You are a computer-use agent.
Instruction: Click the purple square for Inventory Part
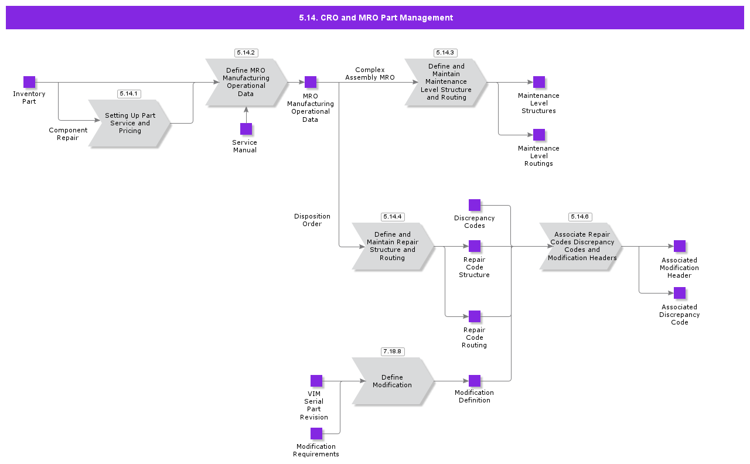pos(29,82)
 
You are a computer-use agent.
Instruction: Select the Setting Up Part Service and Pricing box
pos(129,123)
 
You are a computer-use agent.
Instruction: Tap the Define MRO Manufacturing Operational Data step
pos(246,82)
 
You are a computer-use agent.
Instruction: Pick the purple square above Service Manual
pos(246,129)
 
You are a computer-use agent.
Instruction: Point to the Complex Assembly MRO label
pos(370,74)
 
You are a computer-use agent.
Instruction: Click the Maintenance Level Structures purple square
pos(539,82)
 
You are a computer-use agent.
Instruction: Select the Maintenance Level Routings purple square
pos(539,135)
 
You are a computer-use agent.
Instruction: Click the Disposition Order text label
pos(312,220)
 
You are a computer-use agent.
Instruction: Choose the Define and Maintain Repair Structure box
pos(393,246)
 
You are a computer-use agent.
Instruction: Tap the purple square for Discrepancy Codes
pos(475,205)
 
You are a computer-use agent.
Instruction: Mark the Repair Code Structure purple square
pos(475,246)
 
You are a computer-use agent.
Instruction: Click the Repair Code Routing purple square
pos(475,316)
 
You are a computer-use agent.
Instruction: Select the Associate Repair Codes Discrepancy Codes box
pos(581,246)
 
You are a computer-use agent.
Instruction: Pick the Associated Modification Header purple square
pos(680,246)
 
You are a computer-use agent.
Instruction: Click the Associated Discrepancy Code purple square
pos(680,293)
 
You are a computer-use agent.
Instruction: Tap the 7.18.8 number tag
pos(392,352)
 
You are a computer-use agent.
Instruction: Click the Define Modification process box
pos(393,381)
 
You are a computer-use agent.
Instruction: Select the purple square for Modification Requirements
pos(316,434)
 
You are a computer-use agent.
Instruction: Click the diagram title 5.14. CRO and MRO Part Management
pos(376,18)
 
